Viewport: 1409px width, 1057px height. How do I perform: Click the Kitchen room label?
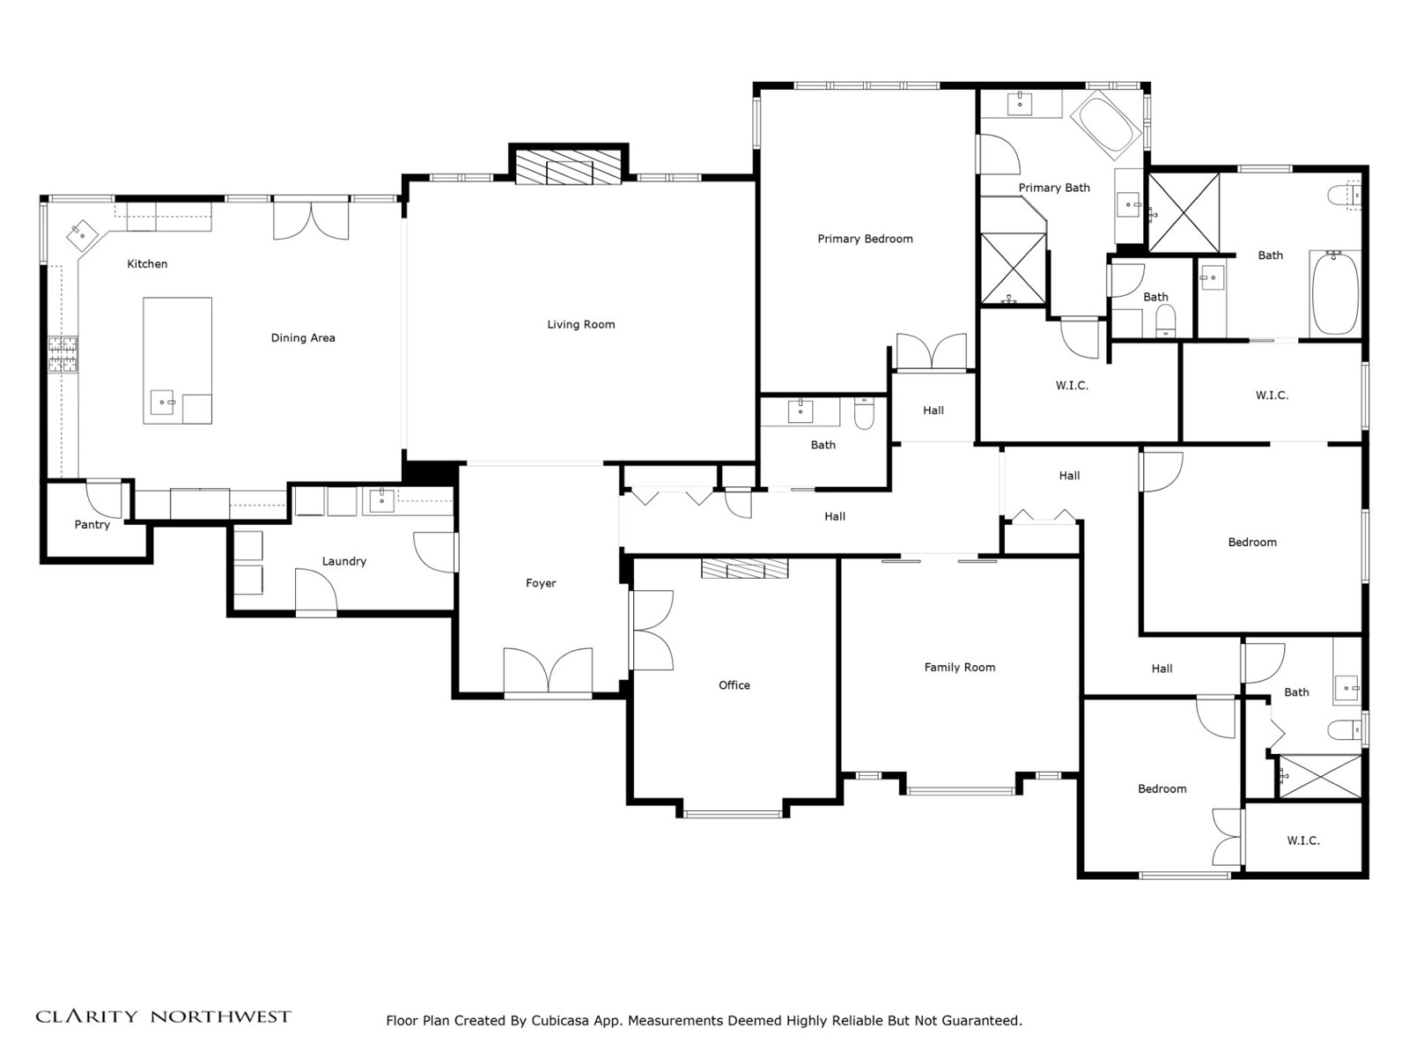click(x=147, y=263)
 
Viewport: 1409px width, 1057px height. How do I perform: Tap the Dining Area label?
click(x=303, y=338)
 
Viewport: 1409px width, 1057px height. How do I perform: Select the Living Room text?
click(x=581, y=325)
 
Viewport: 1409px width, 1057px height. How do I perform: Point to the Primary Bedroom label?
click(x=865, y=240)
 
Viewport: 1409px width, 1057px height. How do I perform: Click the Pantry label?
click(x=92, y=525)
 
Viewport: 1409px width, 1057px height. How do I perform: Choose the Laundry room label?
click(x=344, y=562)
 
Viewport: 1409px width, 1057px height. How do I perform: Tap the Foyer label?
click(x=541, y=583)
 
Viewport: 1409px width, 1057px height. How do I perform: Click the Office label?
click(x=734, y=685)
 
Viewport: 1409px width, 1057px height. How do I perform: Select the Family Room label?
click(x=960, y=668)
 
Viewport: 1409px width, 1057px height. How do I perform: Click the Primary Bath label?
click(x=1054, y=188)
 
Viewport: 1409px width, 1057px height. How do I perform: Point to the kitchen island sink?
click(x=162, y=403)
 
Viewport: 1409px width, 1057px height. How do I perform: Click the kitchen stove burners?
click(x=63, y=355)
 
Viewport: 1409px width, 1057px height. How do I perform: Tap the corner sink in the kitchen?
click(x=81, y=233)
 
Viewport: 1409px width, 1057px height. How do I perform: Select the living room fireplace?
click(x=568, y=166)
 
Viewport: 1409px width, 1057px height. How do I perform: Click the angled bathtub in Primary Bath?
click(x=1105, y=125)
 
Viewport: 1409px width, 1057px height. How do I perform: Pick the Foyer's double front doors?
click(x=548, y=671)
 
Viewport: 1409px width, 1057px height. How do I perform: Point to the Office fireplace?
click(x=745, y=569)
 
